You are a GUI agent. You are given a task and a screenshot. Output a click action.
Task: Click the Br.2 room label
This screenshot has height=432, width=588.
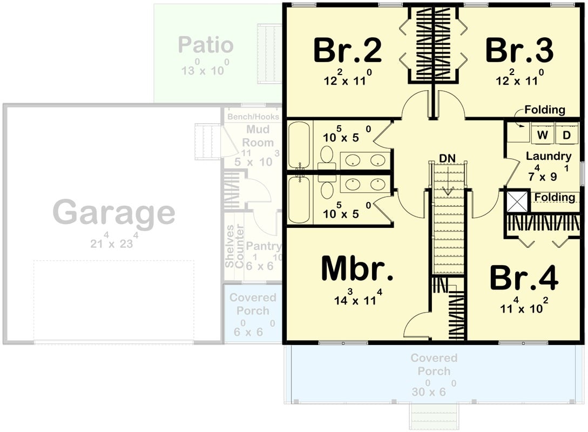click(x=348, y=51)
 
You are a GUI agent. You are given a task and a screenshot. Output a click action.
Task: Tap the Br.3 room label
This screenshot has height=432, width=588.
click(x=519, y=51)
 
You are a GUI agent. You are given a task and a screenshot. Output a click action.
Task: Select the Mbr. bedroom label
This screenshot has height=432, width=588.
click(x=357, y=268)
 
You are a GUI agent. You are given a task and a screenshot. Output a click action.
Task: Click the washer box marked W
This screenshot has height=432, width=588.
click(x=542, y=135)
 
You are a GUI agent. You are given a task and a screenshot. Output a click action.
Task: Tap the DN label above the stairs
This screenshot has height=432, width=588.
click(x=447, y=158)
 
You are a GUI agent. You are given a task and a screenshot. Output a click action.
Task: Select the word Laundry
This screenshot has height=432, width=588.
click(x=549, y=157)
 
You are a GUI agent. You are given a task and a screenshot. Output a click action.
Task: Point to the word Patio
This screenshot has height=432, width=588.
click(x=206, y=45)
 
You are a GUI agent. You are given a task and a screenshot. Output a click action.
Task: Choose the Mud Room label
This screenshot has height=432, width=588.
click(x=258, y=136)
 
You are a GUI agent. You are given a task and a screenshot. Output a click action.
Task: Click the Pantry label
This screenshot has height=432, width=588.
click(x=263, y=247)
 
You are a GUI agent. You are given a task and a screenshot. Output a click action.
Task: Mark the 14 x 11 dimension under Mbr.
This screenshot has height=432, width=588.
click(x=357, y=299)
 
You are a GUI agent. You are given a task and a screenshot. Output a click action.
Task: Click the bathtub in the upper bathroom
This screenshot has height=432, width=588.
click(x=299, y=145)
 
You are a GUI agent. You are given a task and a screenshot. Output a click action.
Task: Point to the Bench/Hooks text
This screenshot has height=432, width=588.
click(x=253, y=117)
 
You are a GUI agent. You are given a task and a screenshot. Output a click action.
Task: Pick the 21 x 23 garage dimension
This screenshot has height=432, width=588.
click(x=114, y=242)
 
